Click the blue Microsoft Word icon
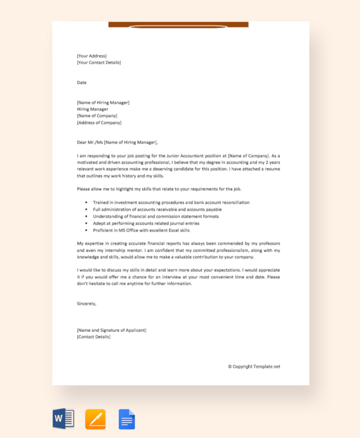point(63,418)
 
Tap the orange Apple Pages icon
point(95,418)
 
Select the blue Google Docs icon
point(127,418)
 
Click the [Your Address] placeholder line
point(92,56)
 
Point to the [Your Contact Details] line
point(99,62)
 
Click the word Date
point(82,82)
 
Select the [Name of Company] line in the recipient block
point(97,116)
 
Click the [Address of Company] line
point(99,122)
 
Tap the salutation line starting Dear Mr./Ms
point(118,142)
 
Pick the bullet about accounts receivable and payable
point(157,209)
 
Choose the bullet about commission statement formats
point(156,216)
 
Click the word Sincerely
point(86,303)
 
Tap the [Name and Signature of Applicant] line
point(112,330)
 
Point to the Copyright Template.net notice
point(254,366)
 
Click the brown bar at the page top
point(178,25)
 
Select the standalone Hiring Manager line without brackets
point(92,109)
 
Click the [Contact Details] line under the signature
point(94,337)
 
